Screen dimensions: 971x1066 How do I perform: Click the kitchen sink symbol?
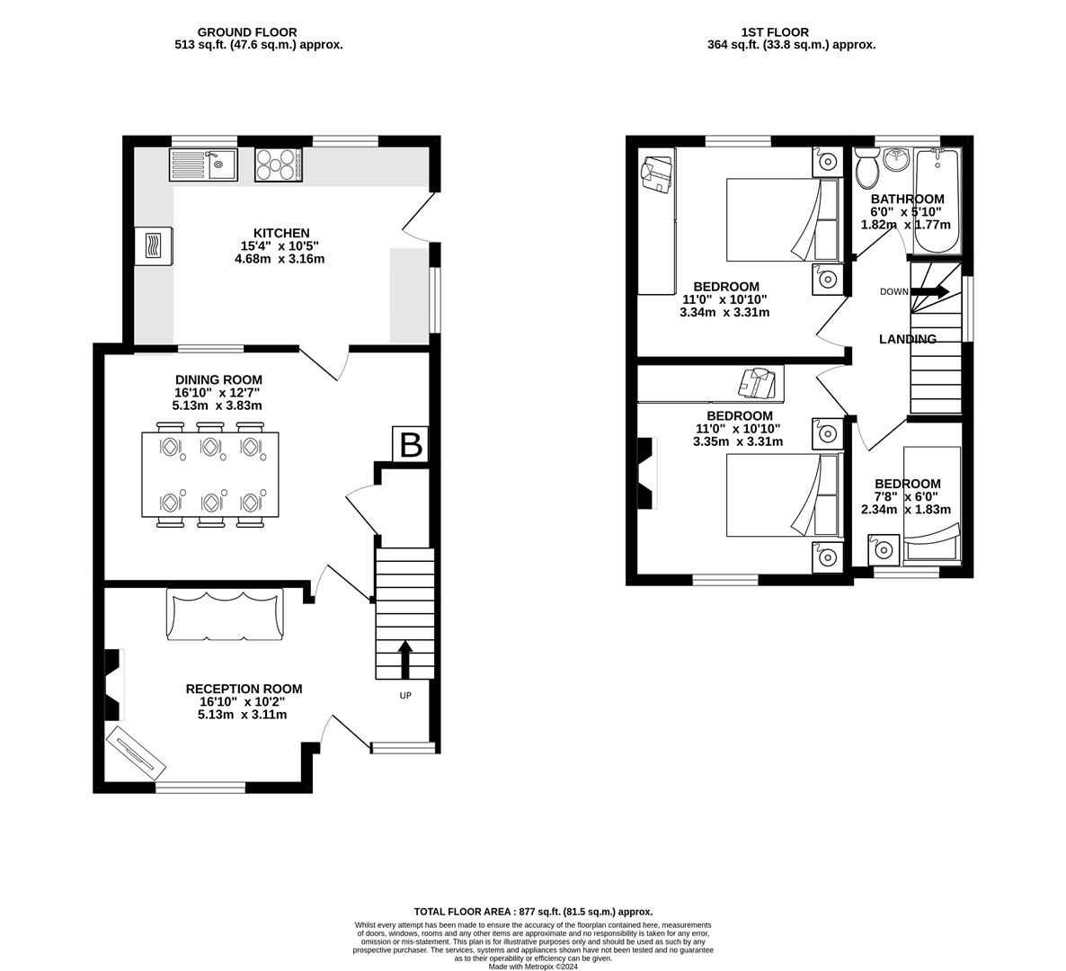pyautogui.click(x=202, y=165)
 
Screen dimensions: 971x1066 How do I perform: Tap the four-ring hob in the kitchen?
pyautogui.click(x=278, y=165)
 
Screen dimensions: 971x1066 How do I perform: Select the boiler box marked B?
pyautogui.click(x=410, y=445)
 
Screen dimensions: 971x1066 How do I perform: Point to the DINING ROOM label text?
pyautogui.click(x=218, y=379)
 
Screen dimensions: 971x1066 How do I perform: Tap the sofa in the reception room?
pyautogui.click(x=225, y=614)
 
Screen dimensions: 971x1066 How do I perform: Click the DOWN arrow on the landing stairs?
pyautogui.click(x=930, y=291)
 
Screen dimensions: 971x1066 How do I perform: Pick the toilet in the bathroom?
pyautogui.click(x=867, y=167)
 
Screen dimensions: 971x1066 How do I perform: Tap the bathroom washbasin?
pyautogui.click(x=896, y=160)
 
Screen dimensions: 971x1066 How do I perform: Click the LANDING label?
pyautogui.click(x=907, y=339)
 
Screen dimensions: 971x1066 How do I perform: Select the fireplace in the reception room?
pyautogui.click(x=112, y=685)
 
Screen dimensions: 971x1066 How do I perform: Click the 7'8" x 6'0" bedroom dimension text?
pyautogui.click(x=907, y=496)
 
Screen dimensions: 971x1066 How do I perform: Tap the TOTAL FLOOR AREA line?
pyautogui.click(x=533, y=911)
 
